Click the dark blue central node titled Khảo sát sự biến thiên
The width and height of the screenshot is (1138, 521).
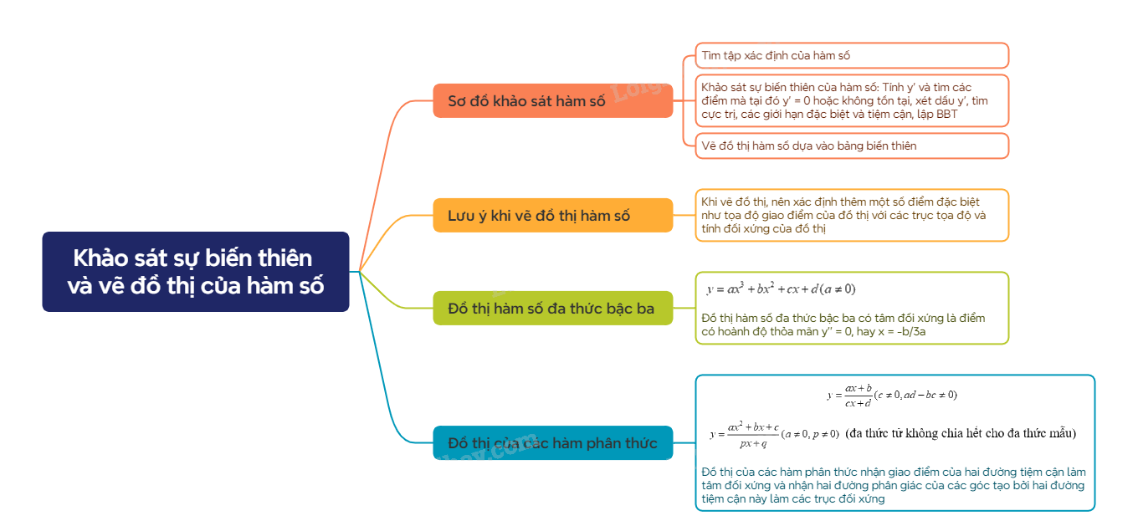[195, 271]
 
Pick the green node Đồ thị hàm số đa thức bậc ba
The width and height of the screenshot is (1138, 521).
[552, 309]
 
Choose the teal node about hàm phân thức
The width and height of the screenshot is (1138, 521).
[552, 442]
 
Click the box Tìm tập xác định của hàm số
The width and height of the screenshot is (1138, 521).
[852, 55]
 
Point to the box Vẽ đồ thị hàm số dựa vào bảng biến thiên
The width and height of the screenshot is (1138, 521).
[852, 146]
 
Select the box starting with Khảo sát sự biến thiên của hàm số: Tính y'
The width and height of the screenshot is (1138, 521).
[852, 100]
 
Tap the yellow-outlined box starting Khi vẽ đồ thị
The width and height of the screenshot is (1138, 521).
[852, 215]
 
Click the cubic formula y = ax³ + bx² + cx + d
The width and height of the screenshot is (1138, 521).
[780, 289]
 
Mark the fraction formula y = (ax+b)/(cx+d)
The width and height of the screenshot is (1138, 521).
[848, 395]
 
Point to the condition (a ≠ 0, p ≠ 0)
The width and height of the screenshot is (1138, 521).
[809, 434]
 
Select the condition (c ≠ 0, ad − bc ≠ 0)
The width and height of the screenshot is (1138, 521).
[915, 395]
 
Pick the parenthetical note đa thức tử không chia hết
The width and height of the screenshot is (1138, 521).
[960, 433]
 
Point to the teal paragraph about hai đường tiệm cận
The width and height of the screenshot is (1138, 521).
[893, 485]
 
